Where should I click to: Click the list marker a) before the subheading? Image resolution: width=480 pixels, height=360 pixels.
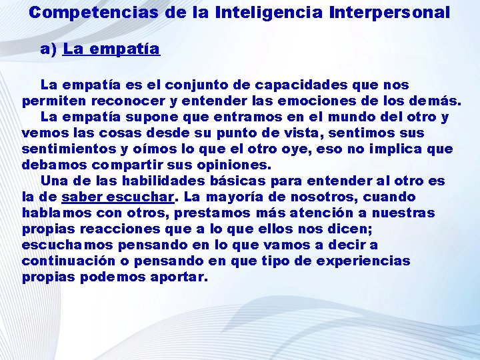tap(49, 49)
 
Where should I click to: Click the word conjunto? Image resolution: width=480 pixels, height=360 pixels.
tap(213, 85)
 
